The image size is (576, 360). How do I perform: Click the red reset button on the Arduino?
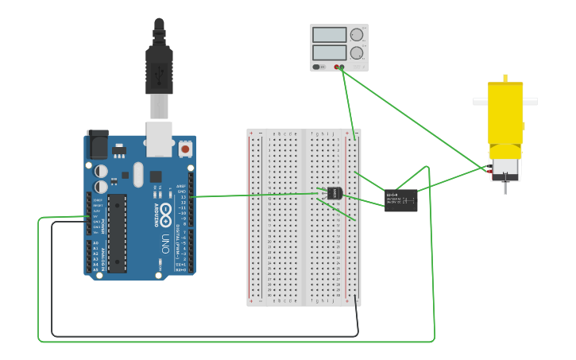click(185, 149)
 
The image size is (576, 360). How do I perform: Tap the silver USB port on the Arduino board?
click(160, 138)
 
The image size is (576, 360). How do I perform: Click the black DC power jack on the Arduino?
click(98, 144)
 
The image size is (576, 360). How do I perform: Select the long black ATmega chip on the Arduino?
click(117, 232)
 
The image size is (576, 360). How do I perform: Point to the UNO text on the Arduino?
click(166, 241)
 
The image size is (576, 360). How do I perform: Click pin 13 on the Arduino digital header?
click(191, 196)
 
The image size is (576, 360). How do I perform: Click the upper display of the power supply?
click(329, 35)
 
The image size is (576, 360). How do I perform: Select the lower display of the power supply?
click(329, 52)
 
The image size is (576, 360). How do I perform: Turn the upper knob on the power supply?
click(357, 35)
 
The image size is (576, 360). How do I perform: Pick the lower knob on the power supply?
click(357, 52)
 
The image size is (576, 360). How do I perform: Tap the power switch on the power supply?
click(317, 67)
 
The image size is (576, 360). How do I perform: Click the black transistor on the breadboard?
click(334, 193)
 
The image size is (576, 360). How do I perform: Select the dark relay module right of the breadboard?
click(401, 200)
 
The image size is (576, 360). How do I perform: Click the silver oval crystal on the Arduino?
click(138, 174)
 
